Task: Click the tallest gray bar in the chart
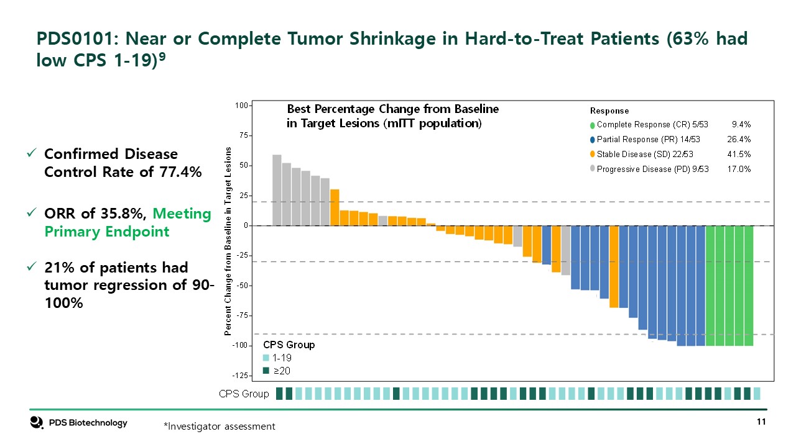click(277, 190)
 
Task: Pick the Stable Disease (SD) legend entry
click(644, 154)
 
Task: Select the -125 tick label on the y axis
click(239, 376)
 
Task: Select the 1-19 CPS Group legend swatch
click(266, 358)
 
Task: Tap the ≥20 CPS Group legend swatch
click(266, 371)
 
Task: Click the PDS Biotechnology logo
click(79, 423)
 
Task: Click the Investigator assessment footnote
click(219, 427)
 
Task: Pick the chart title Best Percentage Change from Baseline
click(392, 109)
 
